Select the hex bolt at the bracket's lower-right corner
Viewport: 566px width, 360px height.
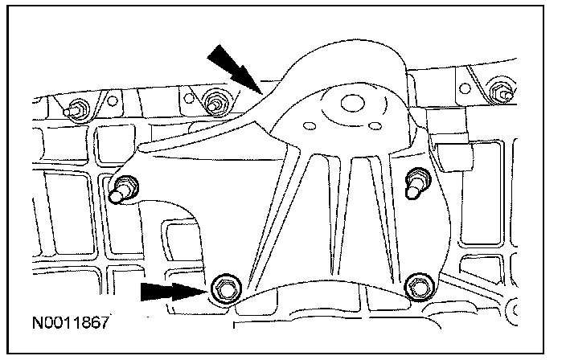[x=416, y=283]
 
